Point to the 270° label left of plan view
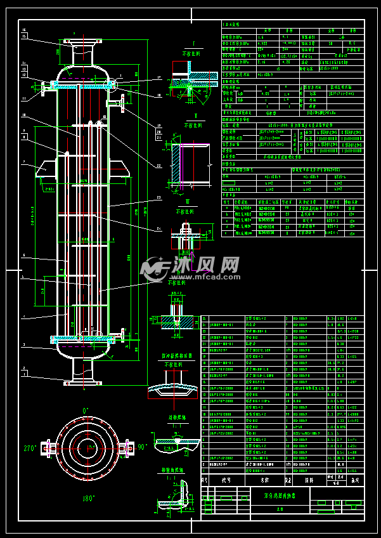(30, 448)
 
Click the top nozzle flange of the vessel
(83, 42)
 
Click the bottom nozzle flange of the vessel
(83, 382)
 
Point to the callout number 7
(23, 162)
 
